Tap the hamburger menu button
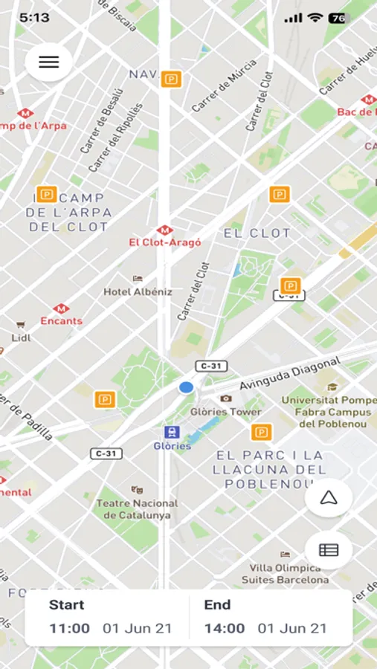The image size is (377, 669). pos(48,62)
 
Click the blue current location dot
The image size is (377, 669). pos(186,387)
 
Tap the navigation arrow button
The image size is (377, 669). pos(329,498)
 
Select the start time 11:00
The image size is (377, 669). pos(69,628)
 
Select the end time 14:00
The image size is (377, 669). pos(224,628)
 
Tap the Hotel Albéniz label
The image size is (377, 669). pos(138,291)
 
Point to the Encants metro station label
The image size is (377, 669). pos(61,321)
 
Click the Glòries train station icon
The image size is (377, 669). pos(172,433)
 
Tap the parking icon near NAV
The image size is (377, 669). pos(171,79)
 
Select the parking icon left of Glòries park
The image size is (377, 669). pos(105,400)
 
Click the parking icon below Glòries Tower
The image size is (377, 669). pos(261,433)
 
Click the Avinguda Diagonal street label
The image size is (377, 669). pos(290,374)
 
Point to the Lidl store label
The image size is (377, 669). pos(21,337)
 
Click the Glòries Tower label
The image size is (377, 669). pos(225,412)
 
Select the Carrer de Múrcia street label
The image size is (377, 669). pos(224,86)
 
